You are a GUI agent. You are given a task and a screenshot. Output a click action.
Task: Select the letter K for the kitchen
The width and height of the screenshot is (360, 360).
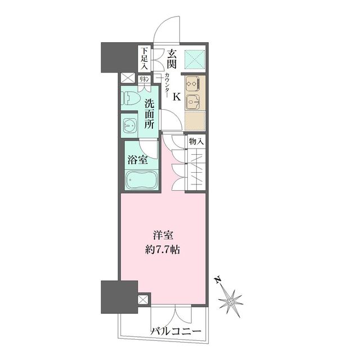(176, 97)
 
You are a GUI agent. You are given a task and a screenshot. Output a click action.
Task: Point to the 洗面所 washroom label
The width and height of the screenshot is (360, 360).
(149, 114)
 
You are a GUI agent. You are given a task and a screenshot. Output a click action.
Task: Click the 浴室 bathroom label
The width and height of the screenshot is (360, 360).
(138, 159)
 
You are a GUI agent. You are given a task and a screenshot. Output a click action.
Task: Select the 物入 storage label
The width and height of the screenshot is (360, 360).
(196, 141)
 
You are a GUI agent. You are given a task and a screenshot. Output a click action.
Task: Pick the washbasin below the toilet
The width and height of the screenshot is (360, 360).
(129, 125)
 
